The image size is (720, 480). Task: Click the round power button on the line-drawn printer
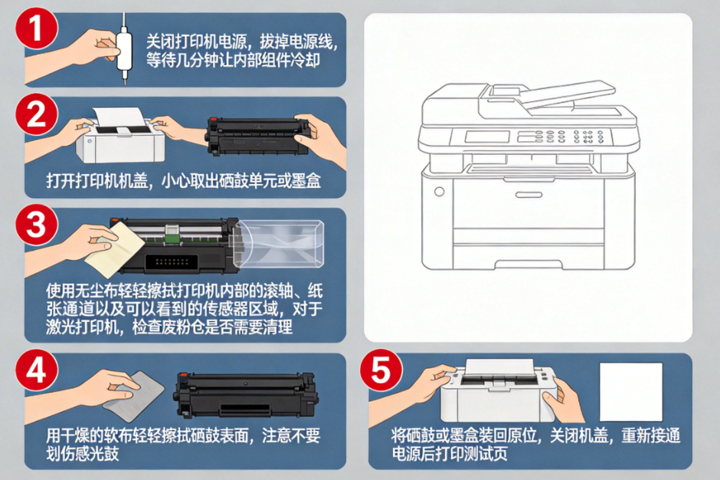click(x=439, y=192)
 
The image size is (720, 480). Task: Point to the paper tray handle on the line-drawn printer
click(x=534, y=195)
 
